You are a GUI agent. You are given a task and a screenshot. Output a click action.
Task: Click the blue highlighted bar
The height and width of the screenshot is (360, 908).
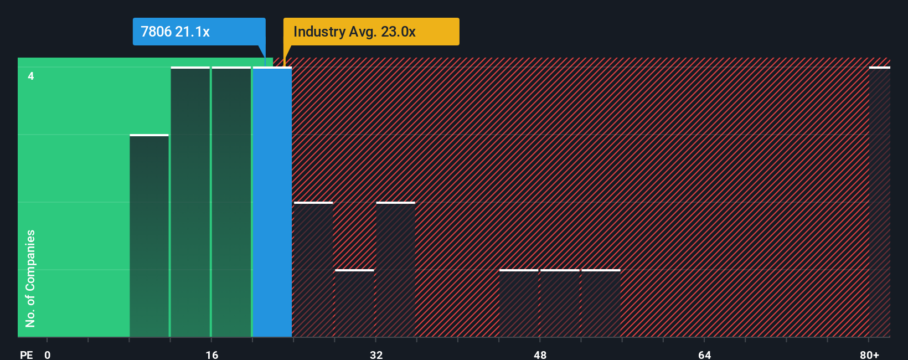(272, 202)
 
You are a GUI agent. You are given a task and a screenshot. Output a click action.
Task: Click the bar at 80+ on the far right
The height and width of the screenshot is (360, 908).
(879, 202)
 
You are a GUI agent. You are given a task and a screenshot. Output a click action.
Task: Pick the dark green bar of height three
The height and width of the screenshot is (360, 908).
(149, 236)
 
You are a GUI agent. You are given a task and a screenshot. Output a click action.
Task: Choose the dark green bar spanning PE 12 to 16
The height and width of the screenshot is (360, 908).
(190, 202)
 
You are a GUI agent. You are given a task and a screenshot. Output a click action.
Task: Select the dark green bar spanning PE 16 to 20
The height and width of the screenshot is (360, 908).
(231, 202)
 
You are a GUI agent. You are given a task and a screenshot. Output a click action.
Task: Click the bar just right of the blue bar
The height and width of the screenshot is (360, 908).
(313, 270)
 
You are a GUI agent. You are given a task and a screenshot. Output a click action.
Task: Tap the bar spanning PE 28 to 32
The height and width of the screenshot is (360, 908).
(354, 304)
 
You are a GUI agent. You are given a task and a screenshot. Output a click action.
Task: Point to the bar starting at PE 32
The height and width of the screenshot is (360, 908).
(395, 270)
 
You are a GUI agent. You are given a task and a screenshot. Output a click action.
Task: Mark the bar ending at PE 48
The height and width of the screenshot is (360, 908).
(519, 304)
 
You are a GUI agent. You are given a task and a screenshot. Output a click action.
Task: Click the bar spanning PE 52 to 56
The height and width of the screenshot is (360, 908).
(601, 304)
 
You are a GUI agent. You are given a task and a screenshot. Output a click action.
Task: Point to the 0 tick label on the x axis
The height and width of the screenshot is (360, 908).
(48, 354)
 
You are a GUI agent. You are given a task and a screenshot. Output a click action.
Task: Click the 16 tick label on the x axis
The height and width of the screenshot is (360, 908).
(211, 354)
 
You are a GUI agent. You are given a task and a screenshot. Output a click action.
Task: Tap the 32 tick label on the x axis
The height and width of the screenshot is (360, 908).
(376, 354)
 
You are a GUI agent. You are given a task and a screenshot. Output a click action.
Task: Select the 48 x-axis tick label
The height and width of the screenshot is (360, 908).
(540, 354)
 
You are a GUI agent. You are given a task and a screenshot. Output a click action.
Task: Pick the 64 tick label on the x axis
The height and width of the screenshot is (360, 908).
(704, 354)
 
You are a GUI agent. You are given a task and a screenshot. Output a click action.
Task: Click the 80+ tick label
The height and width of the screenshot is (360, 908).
(869, 354)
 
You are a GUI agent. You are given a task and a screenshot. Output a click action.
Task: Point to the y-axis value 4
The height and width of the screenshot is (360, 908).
(31, 76)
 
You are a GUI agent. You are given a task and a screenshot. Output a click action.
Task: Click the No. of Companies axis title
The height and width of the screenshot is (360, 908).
(30, 278)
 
